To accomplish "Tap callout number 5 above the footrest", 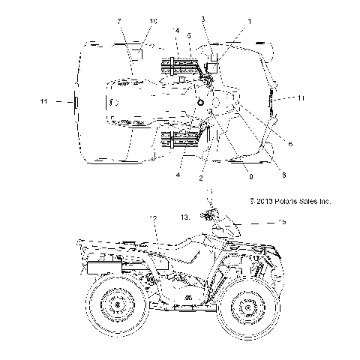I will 189,35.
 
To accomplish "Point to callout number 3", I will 203,18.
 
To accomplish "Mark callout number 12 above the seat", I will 153,218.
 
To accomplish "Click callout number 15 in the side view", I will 261,222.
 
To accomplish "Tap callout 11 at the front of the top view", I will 300,98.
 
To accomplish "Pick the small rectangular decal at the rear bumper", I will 74,100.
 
